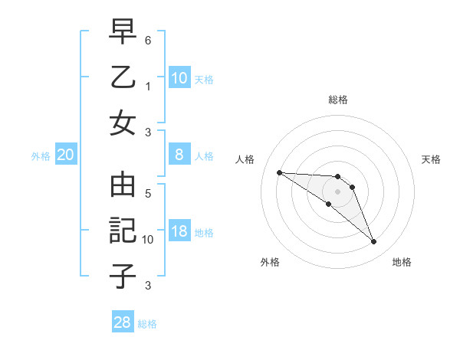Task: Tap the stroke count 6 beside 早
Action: [x=148, y=40]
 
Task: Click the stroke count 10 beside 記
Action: [x=148, y=240]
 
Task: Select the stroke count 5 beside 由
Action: [x=148, y=194]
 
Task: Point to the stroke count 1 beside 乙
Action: [x=148, y=86]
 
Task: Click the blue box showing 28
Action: [x=123, y=322]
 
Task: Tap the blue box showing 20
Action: [x=66, y=155]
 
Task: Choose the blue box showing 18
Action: [x=179, y=231]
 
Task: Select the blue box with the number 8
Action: [x=179, y=155]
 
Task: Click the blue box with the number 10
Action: [x=179, y=77]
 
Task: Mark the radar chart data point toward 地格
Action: [x=373, y=242]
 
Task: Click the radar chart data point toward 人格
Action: [x=279, y=172]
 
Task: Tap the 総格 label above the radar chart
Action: [x=337, y=100]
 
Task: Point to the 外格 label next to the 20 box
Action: [x=41, y=156]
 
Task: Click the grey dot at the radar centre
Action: [x=337, y=191]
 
